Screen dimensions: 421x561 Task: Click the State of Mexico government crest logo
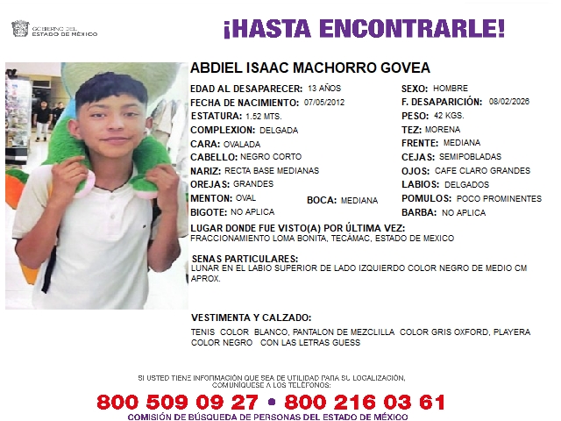[19, 30]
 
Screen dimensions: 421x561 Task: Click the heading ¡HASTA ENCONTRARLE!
[363, 29]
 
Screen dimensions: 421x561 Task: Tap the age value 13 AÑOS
[323, 89]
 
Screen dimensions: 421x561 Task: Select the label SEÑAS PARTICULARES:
[245, 259]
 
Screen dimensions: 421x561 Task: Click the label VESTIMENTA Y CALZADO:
[252, 318]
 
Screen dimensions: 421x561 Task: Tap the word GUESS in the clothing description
[345, 342]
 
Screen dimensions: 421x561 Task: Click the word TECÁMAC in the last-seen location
[330, 239]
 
